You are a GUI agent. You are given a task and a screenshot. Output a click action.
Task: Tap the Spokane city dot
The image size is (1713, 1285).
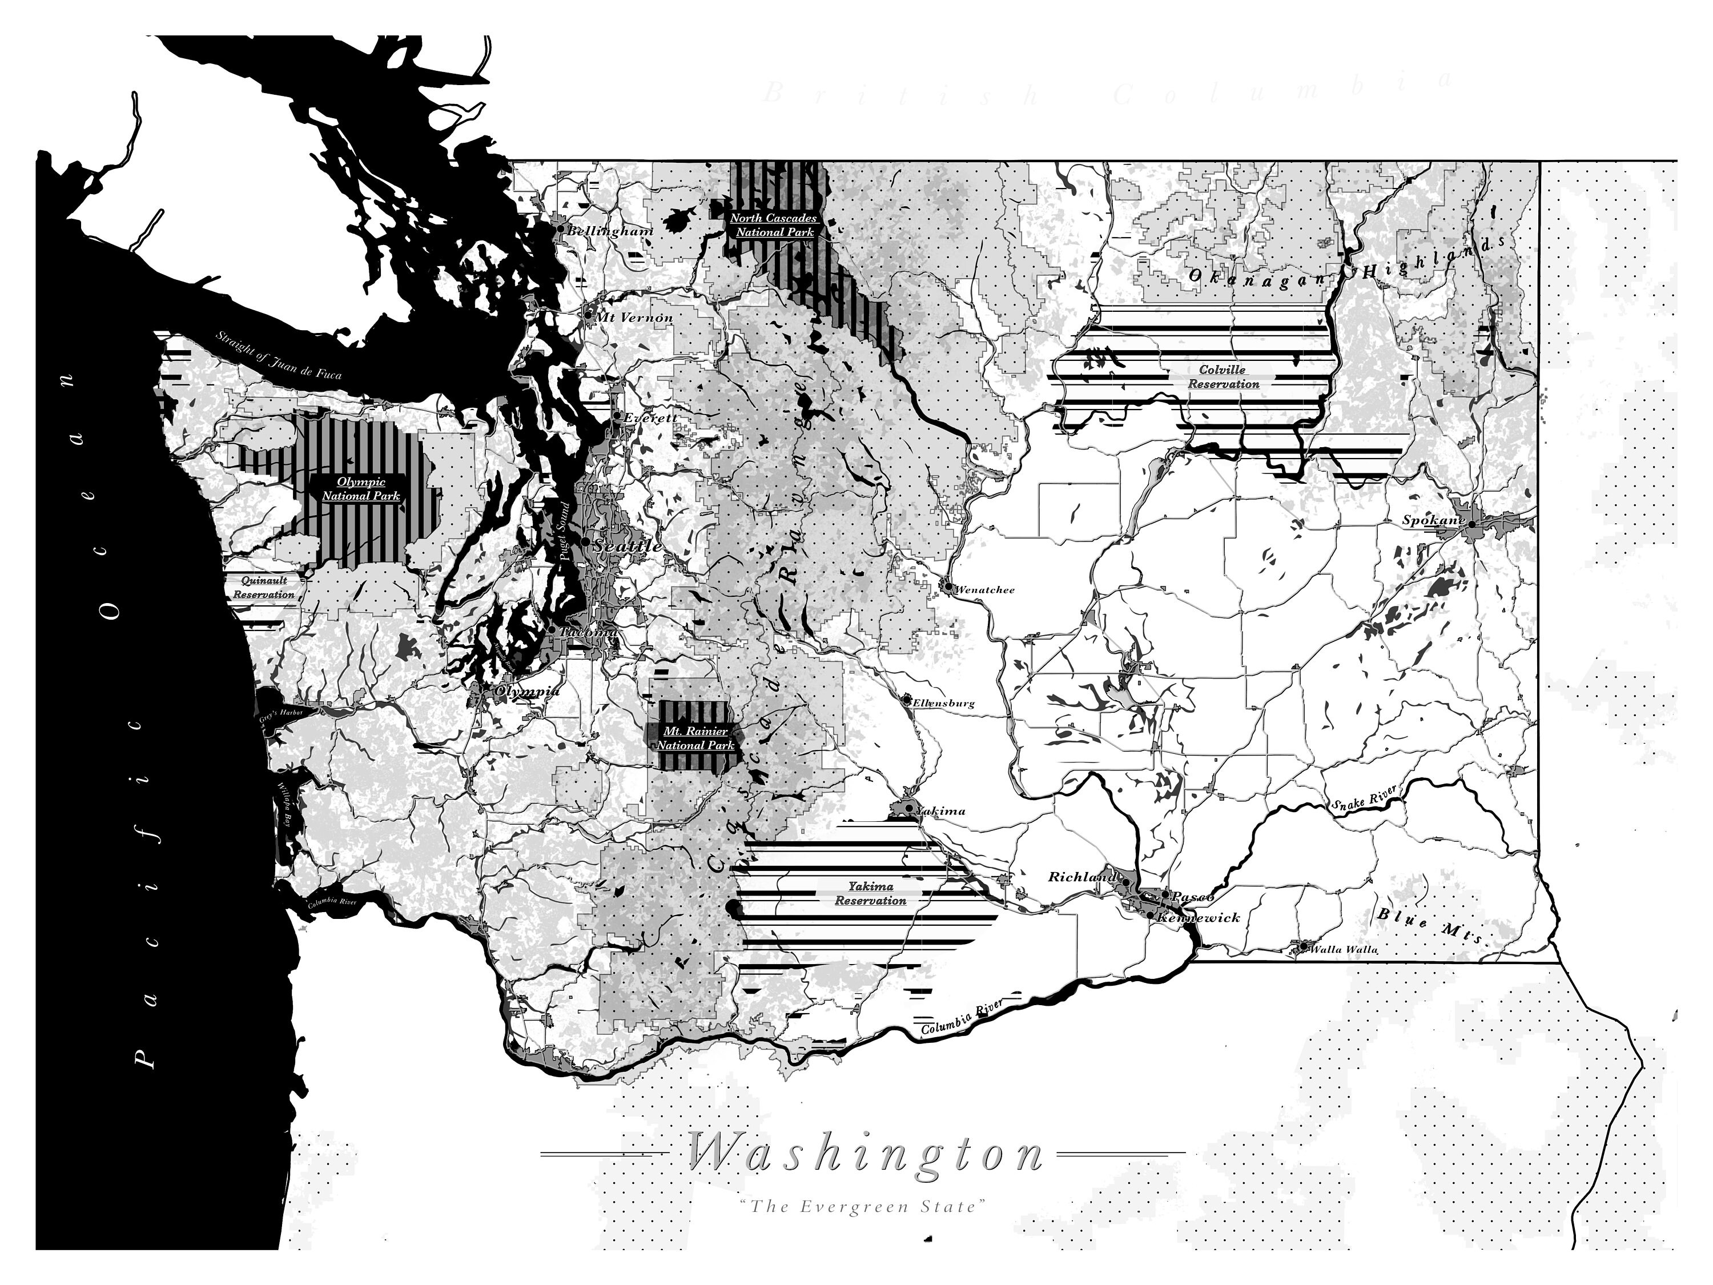point(1470,524)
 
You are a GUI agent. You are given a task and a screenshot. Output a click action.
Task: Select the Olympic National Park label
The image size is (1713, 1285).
point(361,489)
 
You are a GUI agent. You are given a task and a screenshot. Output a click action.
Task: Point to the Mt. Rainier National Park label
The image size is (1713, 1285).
point(695,738)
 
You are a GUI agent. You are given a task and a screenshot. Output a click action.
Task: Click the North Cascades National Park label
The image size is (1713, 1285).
point(774,226)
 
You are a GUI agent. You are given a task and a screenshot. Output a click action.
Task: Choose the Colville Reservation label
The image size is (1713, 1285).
point(1224,377)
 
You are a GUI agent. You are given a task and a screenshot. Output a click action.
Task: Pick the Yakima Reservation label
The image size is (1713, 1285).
point(870,893)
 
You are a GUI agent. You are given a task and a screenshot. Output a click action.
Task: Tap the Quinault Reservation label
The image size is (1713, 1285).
point(264,588)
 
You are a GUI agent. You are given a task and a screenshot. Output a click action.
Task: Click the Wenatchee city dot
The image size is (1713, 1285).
point(948,587)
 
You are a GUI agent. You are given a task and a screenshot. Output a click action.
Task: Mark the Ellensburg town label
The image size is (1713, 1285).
point(943,703)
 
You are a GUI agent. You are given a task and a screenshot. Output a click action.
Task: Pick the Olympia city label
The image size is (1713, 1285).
point(526,692)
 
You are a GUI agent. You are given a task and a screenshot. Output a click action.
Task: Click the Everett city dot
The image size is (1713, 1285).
point(617,416)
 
